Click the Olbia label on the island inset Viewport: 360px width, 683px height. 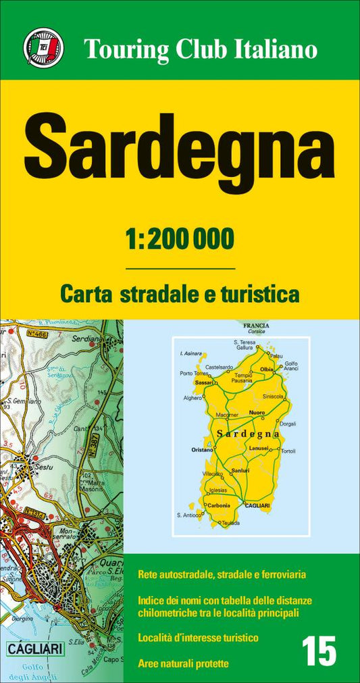tap(266, 370)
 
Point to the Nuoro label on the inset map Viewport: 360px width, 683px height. tap(256, 411)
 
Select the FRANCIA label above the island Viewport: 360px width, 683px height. tap(257, 326)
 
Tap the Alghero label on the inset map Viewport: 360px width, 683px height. tap(193, 398)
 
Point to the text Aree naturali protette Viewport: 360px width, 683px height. tap(182, 663)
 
